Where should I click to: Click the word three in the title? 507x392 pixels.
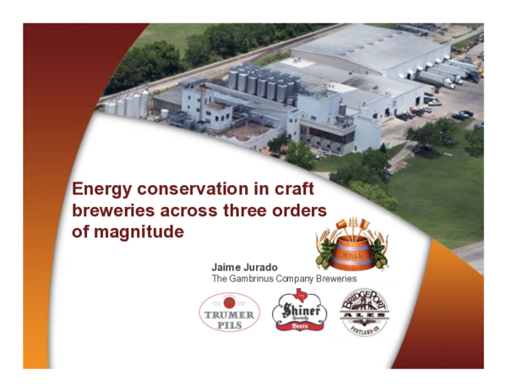click(x=254, y=210)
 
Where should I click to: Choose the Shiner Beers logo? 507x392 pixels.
click(x=299, y=313)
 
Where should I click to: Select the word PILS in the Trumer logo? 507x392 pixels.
click(x=229, y=322)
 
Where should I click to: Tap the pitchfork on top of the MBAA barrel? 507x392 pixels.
click(x=352, y=224)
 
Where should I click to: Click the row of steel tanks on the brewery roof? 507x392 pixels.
click(x=263, y=83)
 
